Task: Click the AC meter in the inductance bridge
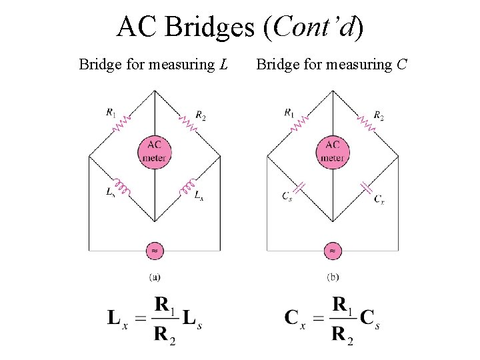pos(155,151)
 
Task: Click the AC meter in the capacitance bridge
pos(333,151)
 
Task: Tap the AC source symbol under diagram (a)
pos(155,251)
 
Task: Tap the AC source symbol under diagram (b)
pos(333,251)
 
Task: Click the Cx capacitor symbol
pos(366,187)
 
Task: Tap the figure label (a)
pos(155,277)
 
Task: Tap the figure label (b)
pos(333,277)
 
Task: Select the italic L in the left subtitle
pos(223,65)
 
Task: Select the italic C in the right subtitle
pos(403,65)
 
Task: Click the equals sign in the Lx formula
pos(141,319)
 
